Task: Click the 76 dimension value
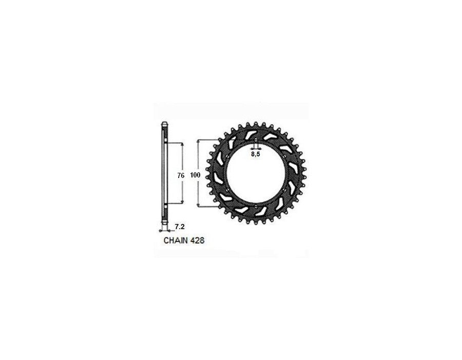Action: [x=181, y=175]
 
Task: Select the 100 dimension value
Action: [x=195, y=175]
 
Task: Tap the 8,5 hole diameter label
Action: [x=256, y=154]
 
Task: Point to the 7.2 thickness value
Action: [x=180, y=227]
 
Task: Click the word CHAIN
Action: [x=176, y=241]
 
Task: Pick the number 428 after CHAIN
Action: [x=197, y=241]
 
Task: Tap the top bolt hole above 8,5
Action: [x=256, y=140]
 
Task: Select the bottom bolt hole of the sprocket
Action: [x=256, y=206]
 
